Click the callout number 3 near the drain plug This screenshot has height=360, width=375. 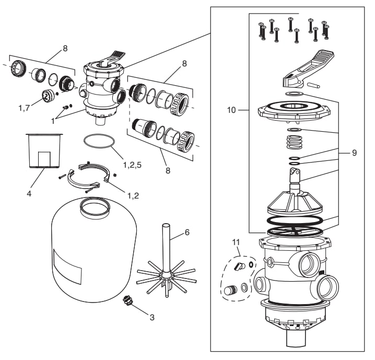pos(152,318)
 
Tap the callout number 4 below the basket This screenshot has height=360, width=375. pos(29,193)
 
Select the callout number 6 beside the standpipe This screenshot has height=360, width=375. pos(187,233)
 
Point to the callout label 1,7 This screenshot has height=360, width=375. pos(24,108)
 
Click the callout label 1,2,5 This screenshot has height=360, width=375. pos(132,165)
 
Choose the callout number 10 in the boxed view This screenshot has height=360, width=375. pos(231,110)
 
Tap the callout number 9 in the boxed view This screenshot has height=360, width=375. pos(354,153)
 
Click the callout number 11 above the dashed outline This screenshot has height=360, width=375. pos(236,242)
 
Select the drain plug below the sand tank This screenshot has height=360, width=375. pos(126,300)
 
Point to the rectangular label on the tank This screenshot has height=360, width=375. pos(67,266)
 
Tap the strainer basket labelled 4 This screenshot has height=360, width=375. pos(44,150)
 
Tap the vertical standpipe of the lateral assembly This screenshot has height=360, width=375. pos(166,249)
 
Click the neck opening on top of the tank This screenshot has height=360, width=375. pos(95,206)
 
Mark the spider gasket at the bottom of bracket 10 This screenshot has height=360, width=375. pos(295,231)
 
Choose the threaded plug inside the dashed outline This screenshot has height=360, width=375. pos(230,290)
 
